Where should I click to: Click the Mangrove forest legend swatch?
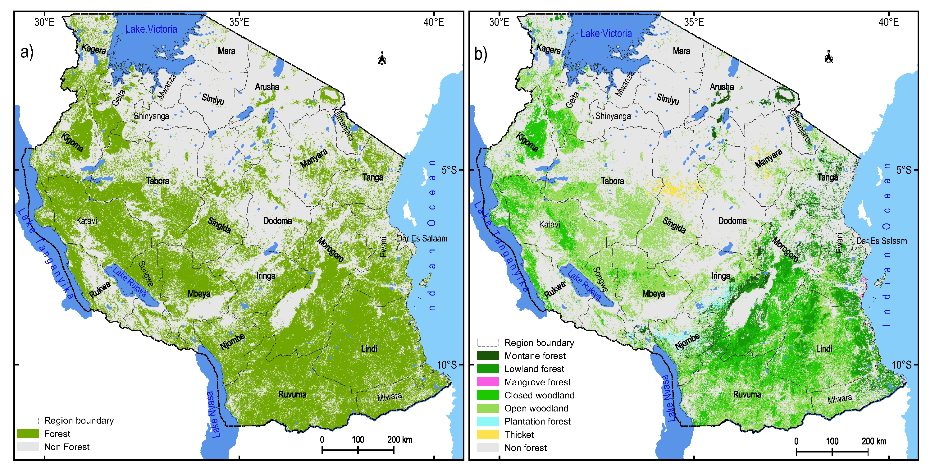click(x=488, y=382)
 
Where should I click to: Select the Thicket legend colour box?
click(x=488, y=434)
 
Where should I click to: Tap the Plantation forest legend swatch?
click(x=488, y=421)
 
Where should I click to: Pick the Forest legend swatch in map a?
click(x=28, y=434)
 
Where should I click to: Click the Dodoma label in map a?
click(x=277, y=221)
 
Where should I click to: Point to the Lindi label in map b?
click(x=824, y=349)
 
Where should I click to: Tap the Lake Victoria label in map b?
click(x=606, y=33)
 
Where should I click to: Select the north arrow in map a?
click(x=382, y=58)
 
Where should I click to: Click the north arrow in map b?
click(x=829, y=57)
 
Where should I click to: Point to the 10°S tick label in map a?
click(x=447, y=365)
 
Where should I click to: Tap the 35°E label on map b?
click(x=694, y=22)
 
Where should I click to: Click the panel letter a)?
click(x=27, y=52)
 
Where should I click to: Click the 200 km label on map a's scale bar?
click(x=399, y=440)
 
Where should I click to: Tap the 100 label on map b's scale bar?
click(x=832, y=441)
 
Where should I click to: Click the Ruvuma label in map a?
click(x=292, y=394)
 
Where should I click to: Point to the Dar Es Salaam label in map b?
click(x=881, y=241)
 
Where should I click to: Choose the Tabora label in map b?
click(x=612, y=181)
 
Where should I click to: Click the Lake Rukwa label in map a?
click(x=130, y=282)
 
